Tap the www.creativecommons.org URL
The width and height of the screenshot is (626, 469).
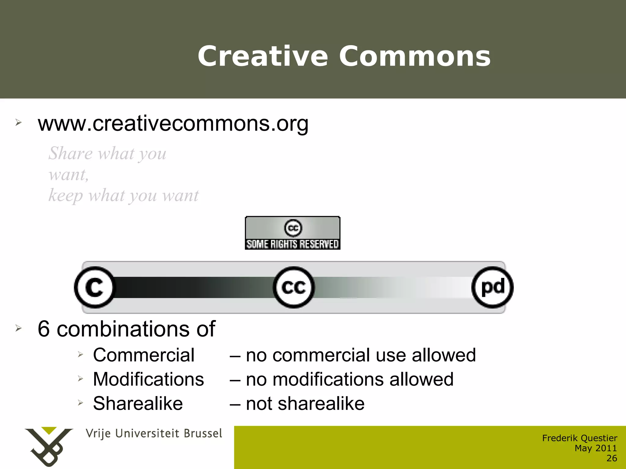pos(173,124)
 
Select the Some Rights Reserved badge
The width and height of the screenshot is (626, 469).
pos(293,233)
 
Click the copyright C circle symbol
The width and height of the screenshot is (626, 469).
pos(94,287)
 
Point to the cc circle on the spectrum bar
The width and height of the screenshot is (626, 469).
pos(293,287)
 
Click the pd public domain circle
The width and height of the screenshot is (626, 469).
pos(492,287)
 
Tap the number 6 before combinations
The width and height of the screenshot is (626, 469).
pos(44,329)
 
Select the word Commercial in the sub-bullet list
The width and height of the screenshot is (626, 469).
pos(144,355)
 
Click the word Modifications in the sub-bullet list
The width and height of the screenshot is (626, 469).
pos(149,379)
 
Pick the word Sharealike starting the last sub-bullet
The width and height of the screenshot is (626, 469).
pos(138,403)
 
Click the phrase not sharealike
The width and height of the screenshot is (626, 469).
pos(305,403)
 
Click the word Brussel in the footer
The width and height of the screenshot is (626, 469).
pos(203,434)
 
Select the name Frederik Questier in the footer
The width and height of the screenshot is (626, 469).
pos(580,438)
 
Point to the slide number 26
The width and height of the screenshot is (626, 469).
pos(612,458)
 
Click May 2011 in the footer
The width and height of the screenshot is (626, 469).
pos(595,448)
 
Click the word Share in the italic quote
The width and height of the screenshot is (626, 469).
pos(70,153)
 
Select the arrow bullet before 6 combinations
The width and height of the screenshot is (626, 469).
pos(19,328)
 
